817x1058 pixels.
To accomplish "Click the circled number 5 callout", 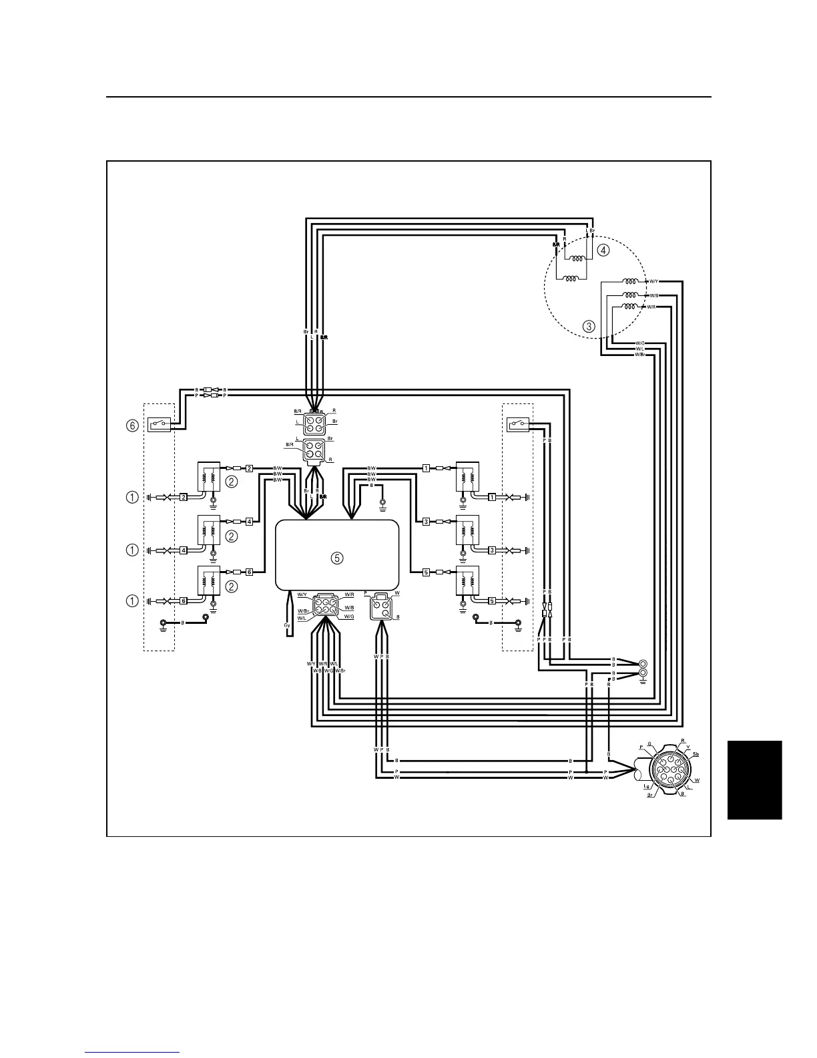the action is coord(338,558).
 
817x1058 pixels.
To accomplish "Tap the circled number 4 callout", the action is coord(603,250).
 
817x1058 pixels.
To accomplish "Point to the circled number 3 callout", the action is coord(589,327).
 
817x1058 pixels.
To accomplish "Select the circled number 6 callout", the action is coord(133,425).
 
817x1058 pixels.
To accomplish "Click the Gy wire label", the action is coord(286,625).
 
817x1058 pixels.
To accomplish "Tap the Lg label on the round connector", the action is coord(647,787).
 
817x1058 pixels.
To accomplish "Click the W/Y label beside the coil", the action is coord(654,281).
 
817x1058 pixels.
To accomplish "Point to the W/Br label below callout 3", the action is coord(639,354).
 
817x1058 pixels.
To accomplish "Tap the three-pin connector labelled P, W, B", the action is coord(382,606).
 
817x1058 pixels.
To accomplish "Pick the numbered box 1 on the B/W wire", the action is coord(425,468).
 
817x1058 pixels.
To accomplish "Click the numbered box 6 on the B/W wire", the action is coord(249,572).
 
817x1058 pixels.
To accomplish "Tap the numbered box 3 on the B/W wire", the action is coord(425,522).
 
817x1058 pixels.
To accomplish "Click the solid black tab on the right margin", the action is coord(754,779).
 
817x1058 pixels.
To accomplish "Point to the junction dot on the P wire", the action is coord(587,771).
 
